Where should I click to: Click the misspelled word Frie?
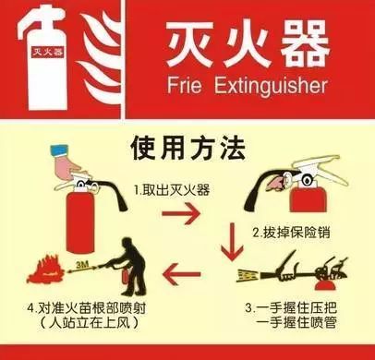(x=185, y=85)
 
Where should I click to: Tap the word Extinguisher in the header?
(x=271, y=86)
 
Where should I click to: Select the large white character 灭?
(x=190, y=44)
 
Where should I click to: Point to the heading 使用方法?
(x=187, y=148)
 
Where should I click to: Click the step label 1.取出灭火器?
(x=172, y=189)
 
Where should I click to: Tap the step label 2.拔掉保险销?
(x=291, y=233)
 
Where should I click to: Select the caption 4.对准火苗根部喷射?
(x=87, y=307)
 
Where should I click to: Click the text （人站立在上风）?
(x=89, y=323)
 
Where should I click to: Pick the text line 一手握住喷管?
(x=296, y=323)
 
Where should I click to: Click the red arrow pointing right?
(x=181, y=212)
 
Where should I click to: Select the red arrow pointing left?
(x=182, y=273)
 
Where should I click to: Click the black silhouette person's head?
(x=127, y=244)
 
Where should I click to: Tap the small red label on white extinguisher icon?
(x=48, y=52)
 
